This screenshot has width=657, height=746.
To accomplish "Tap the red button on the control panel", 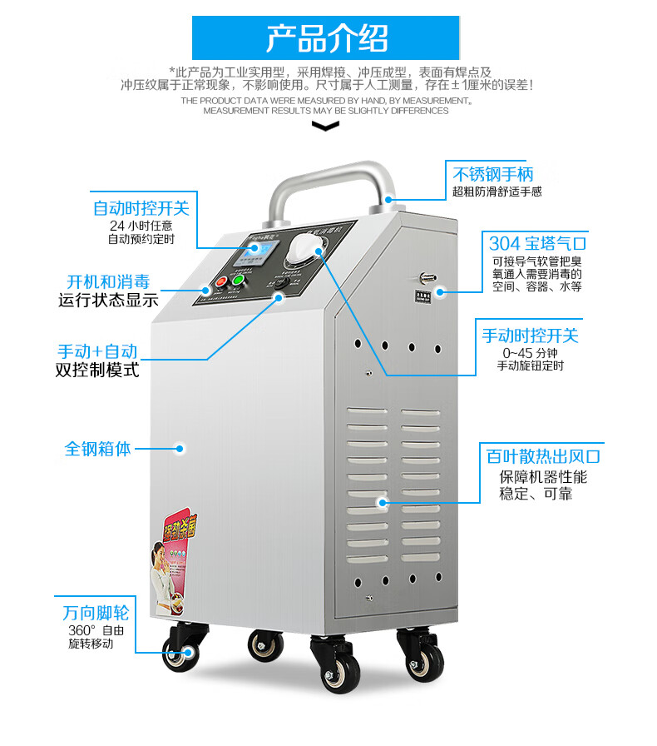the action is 221,282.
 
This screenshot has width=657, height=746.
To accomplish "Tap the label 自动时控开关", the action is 141,207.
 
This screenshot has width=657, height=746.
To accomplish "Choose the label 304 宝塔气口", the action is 537,243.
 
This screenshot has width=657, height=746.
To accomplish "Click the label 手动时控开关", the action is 530,335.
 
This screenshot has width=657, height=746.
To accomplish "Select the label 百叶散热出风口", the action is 543,456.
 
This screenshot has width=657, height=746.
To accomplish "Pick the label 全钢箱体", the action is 98,448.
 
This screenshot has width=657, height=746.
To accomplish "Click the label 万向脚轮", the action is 95,613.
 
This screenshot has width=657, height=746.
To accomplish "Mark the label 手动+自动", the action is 97,351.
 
